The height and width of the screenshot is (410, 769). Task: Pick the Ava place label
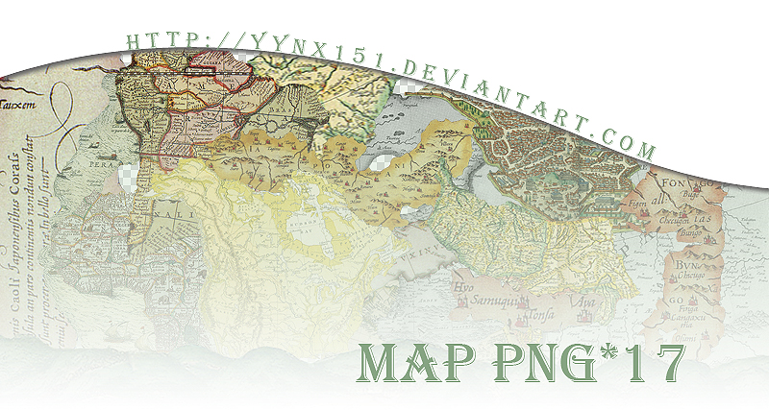coord(583,300)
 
